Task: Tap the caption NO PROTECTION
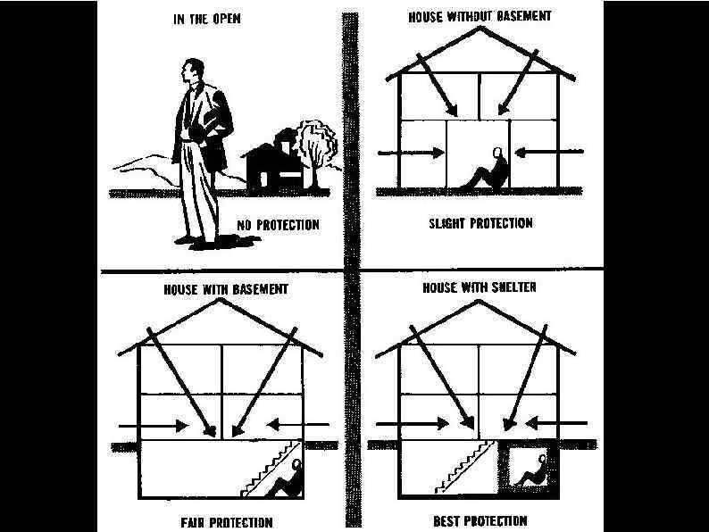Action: pos(278,224)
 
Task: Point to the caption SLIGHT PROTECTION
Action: pos(480,222)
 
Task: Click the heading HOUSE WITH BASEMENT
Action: pos(226,290)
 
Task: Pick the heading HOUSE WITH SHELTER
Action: pos(479,288)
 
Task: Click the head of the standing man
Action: pos(191,72)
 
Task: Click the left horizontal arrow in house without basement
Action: pos(411,153)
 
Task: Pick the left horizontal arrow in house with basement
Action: pos(155,425)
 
